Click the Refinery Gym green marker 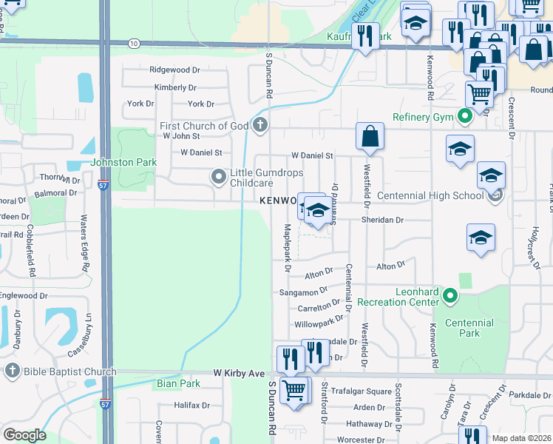click(465, 116)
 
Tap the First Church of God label click(204, 126)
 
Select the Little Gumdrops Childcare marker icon click(218, 177)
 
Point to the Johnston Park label click(112, 162)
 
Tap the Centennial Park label click(469, 328)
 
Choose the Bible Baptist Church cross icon click(11, 371)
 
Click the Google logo click(24, 435)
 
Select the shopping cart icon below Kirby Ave click(294, 389)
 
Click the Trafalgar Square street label click(362, 391)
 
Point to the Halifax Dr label click(192, 406)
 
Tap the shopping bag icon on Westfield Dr click(370, 137)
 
